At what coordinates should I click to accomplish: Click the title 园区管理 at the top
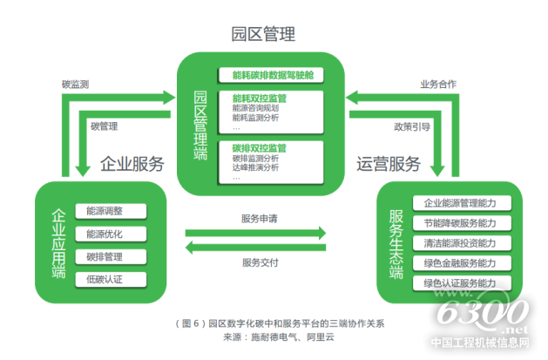(x=263, y=35)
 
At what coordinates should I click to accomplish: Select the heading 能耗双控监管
(x=260, y=98)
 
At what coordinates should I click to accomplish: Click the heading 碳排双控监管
(x=260, y=148)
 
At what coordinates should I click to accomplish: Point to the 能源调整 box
(x=105, y=211)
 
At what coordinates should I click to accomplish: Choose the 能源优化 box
(x=105, y=234)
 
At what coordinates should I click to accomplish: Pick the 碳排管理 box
(x=105, y=256)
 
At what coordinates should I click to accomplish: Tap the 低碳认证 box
(x=105, y=279)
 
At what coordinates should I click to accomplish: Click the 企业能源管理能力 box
(x=459, y=203)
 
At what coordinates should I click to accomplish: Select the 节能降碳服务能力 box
(x=459, y=223)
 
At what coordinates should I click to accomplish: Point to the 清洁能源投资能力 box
(x=459, y=243)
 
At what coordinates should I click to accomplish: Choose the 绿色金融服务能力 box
(x=459, y=262)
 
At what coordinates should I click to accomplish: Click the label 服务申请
(x=259, y=217)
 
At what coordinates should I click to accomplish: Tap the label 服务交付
(x=259, y=262)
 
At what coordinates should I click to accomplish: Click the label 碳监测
(x=76, y=85)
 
